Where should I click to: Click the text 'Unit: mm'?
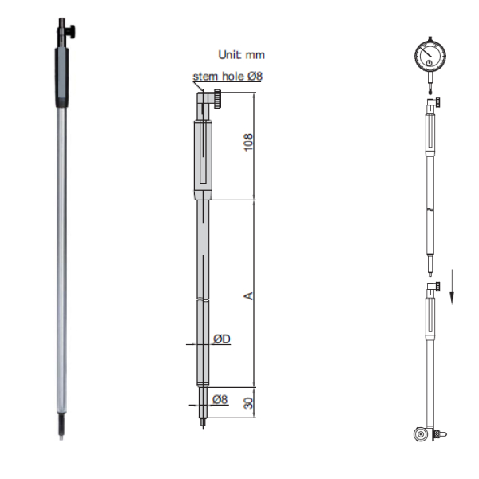[x=241, y=55]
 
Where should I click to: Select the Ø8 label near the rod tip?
[x=220, y=399]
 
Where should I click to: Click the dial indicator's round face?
[x=430, y=57]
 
